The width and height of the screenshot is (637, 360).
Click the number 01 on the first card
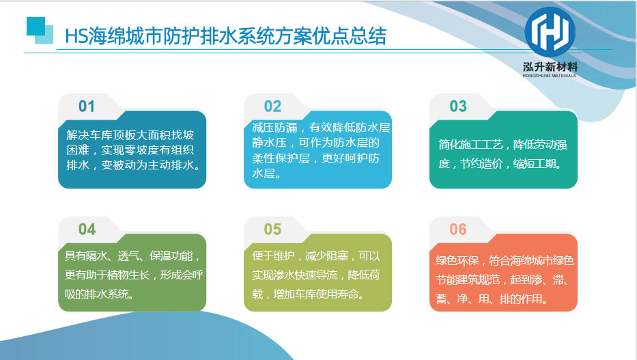click(x=87, y=107)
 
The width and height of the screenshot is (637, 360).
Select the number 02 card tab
click(x=272, y=107)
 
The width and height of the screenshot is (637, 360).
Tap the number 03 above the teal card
click(x=458, y=107)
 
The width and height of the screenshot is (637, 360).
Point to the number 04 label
click(x=87, y=230)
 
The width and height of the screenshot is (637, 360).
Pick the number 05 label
click(x=272, y=230)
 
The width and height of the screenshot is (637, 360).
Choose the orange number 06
click(x=458, y=230)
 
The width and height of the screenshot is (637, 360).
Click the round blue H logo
click(x=550, y=31)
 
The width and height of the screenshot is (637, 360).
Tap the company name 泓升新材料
click(x=550, y=67)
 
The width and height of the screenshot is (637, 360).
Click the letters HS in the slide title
click(x=76, y=36)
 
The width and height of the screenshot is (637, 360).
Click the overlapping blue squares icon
click(x=40, y=30)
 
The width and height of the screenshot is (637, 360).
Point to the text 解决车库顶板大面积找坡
click(x=130, y=135)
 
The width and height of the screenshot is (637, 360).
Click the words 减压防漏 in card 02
click(x=274, y=128)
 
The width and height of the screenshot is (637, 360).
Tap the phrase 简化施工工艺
click(x=470, y=145)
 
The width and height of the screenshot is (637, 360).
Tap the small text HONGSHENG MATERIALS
click(x=550, y=76)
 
